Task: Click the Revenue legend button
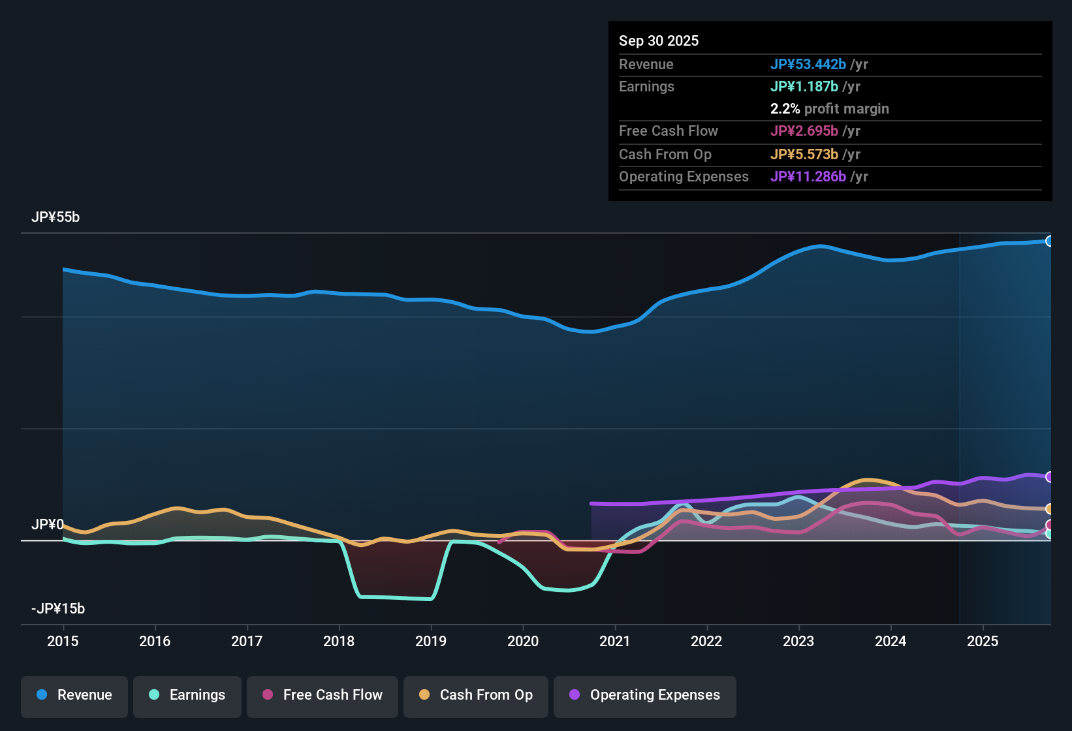(74, 695)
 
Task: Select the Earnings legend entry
(187, 695)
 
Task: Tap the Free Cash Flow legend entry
(323, 695)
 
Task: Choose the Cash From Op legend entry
(476, 695)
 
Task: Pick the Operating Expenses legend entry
(645, 695)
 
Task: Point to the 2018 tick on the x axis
(339, 641)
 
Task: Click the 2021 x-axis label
(614, 641)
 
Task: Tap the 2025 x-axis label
(982, 641)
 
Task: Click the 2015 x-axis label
(63, 641)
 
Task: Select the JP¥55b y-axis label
(55, 217)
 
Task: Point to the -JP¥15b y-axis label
(58, 609)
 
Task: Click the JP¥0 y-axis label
(47, 525)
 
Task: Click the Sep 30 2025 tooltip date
(658, 41)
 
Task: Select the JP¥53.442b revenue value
(808, 65)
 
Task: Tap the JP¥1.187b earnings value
(804, 87)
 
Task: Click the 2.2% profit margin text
(829, 109)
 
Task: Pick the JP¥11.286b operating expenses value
(808, 177)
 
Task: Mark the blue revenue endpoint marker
(1049, 241)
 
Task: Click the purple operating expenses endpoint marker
(1049, 477)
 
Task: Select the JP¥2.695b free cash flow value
(804, 131)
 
